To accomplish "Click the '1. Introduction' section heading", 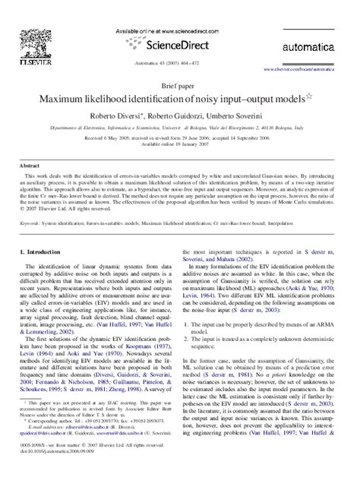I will coord(43,251).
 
